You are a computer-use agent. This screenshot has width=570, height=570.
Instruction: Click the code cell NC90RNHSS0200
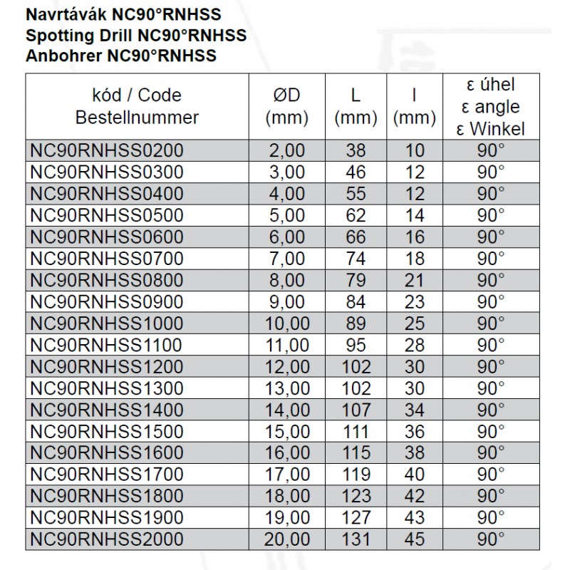point(107,150)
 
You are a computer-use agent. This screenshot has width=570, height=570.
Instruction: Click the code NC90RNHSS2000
point(107,539)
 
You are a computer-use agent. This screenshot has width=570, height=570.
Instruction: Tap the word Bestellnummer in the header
point(137,118)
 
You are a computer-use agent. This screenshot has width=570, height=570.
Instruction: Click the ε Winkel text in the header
point(492,128)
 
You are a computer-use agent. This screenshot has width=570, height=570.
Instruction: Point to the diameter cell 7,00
point(288,258)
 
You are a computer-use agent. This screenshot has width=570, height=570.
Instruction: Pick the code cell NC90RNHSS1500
point(107,431)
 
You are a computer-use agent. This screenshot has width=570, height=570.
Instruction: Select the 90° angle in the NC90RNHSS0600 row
point(492,237)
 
